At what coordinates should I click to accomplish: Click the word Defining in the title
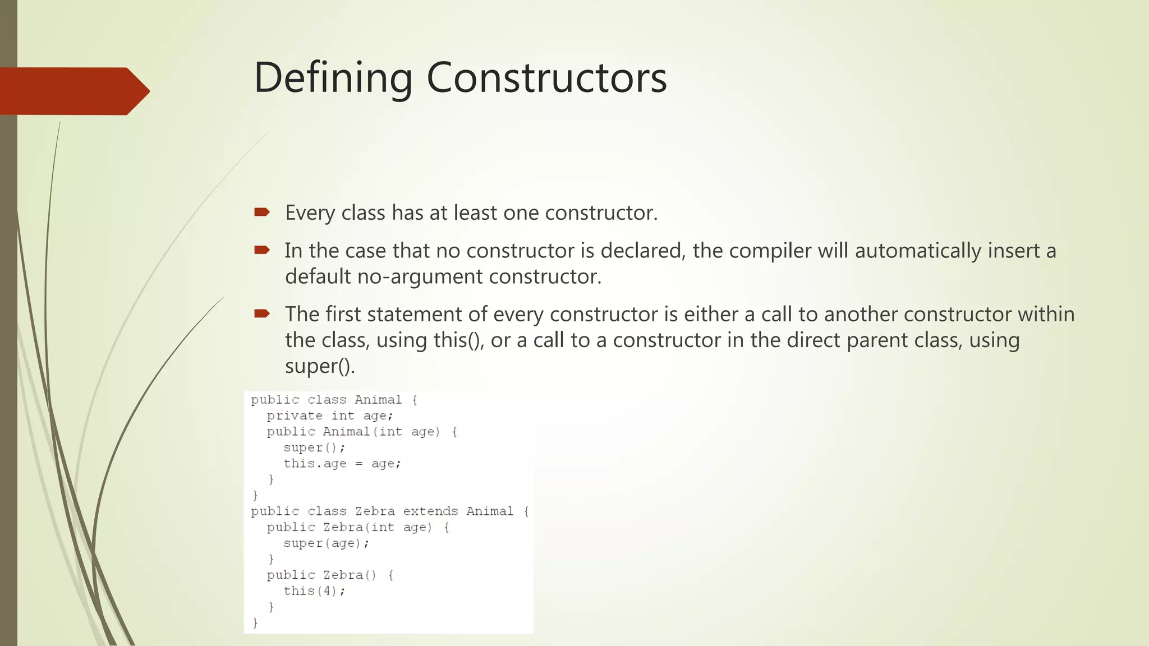point(333,77)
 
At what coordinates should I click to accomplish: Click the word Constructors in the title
point(546,77)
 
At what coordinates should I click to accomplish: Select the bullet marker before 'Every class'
point(262,212)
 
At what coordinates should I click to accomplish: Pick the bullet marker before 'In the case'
point(262,250)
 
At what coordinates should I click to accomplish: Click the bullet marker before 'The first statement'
point(262,313)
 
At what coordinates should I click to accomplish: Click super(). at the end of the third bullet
point(320,366)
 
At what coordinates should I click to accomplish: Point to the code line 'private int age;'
point(330,416)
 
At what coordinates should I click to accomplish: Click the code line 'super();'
point(314,447)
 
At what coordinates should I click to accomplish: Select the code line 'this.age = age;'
point(342,464)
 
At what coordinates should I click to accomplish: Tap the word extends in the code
point(430,511)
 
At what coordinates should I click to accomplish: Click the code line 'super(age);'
point(326,543)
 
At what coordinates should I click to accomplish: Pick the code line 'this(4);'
point(314,591)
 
